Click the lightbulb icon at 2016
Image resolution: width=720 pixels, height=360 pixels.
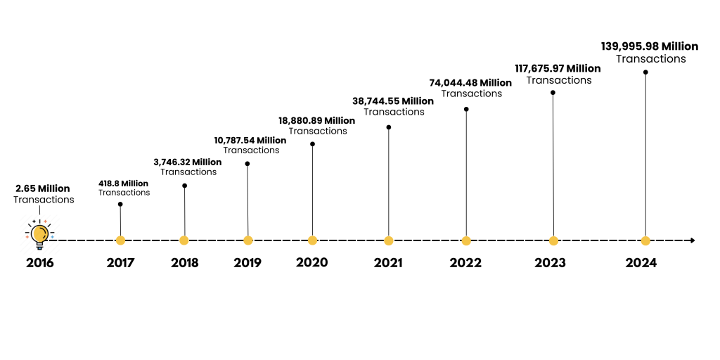40,234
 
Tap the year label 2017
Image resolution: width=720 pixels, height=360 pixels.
120,263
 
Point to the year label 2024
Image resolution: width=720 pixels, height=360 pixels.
641,263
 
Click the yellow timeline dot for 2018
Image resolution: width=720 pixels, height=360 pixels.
184,240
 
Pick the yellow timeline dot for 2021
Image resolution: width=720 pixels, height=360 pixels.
389,240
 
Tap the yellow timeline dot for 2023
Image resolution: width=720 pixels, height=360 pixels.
553,240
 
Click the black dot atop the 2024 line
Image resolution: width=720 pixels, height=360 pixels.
645,72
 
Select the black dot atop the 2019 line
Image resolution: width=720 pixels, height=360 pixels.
247,164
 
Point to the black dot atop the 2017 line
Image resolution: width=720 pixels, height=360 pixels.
120,205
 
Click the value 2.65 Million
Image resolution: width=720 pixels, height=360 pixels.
43,188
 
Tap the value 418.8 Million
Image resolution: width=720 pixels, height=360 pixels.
123,184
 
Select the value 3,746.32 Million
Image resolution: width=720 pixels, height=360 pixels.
187,162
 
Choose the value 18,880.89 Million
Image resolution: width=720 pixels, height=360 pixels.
316,120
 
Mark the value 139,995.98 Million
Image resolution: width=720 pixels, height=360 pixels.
650,46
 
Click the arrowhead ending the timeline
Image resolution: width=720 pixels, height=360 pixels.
693,240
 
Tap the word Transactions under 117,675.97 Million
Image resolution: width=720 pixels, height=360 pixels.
559,80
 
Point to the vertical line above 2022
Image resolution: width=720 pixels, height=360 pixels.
466,176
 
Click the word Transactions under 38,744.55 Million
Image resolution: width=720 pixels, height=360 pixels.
394,112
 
